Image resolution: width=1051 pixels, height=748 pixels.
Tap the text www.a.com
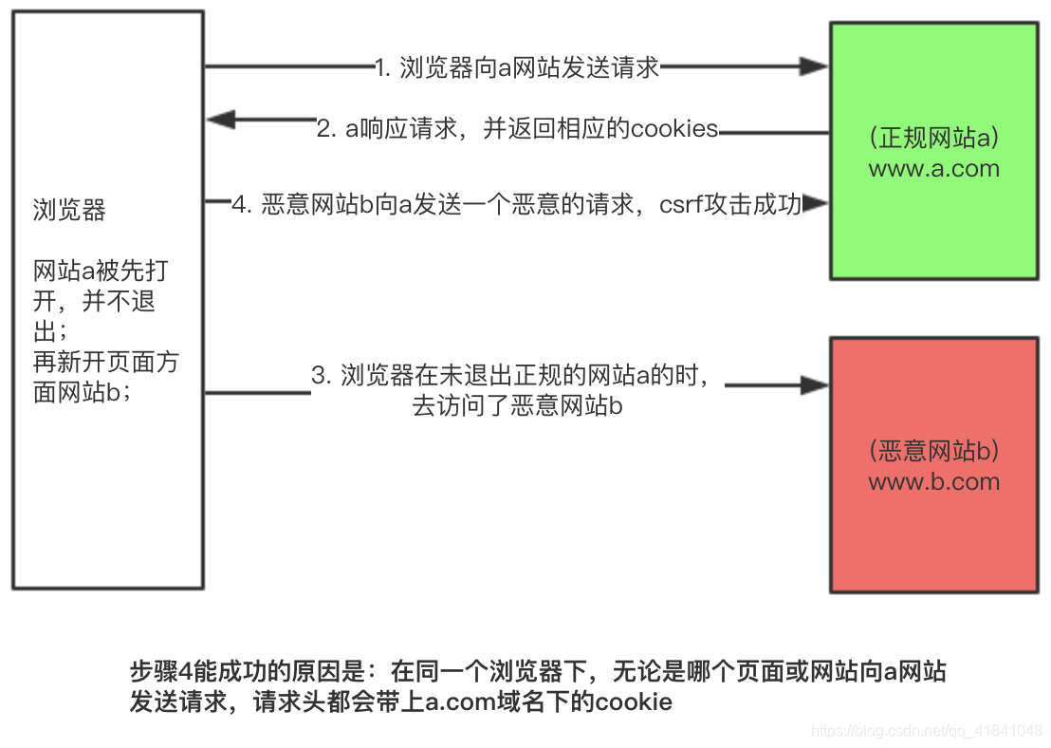tap(933, 169)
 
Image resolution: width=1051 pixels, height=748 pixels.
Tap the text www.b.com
tap(933, 481)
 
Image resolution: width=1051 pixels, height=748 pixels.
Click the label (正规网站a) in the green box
tap(933, 139)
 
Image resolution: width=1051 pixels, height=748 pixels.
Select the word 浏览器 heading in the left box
tap(69, 211)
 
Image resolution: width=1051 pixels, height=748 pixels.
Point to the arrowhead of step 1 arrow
tap(814, 66)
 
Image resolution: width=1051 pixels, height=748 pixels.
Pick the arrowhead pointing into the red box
tap(814, 385)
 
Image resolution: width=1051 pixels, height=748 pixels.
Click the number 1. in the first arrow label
tap(383, 67)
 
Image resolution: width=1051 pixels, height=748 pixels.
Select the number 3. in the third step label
tap(321, 376)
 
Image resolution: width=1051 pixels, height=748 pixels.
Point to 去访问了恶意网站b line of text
tap(517, 406)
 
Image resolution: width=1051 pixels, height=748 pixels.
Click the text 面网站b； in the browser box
tap(83, 393)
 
